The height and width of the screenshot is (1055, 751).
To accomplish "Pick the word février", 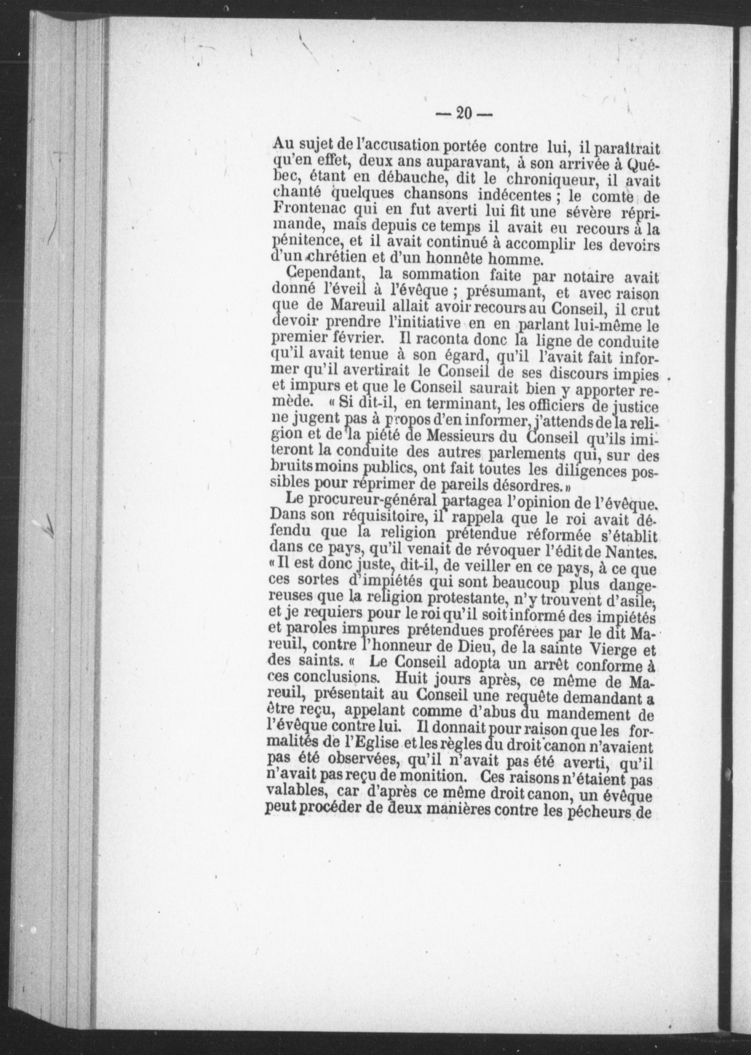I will [x=356, y=336].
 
